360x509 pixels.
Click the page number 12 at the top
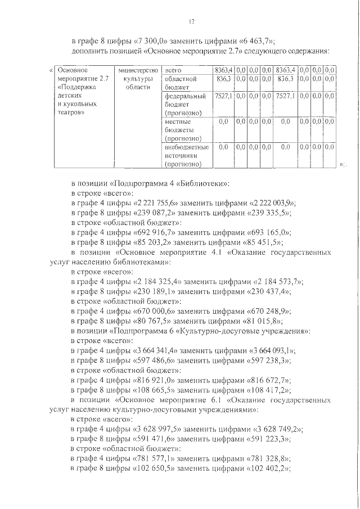(191, 21)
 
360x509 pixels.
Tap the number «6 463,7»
(251, 41)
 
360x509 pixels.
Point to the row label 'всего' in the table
(173, 70)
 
